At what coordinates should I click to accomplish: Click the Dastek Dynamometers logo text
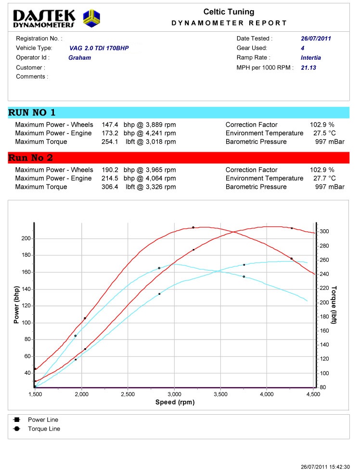(44, 18)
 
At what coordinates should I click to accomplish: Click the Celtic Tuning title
(229, 12)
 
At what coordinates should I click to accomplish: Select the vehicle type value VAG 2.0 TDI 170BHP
(99, 48)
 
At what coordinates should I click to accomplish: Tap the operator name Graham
(79, 58)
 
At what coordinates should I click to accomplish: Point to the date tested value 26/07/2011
(316, 39)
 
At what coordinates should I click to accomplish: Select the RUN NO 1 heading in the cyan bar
(32, 113)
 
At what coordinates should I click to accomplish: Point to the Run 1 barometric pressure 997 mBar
(330, 142)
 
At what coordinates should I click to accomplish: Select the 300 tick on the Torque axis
(325, 232)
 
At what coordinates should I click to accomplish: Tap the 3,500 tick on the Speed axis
(220, 394)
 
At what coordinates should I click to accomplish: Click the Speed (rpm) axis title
(175, 402)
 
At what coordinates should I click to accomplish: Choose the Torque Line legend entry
(44, 429)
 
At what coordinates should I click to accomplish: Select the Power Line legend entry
(43, 420)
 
